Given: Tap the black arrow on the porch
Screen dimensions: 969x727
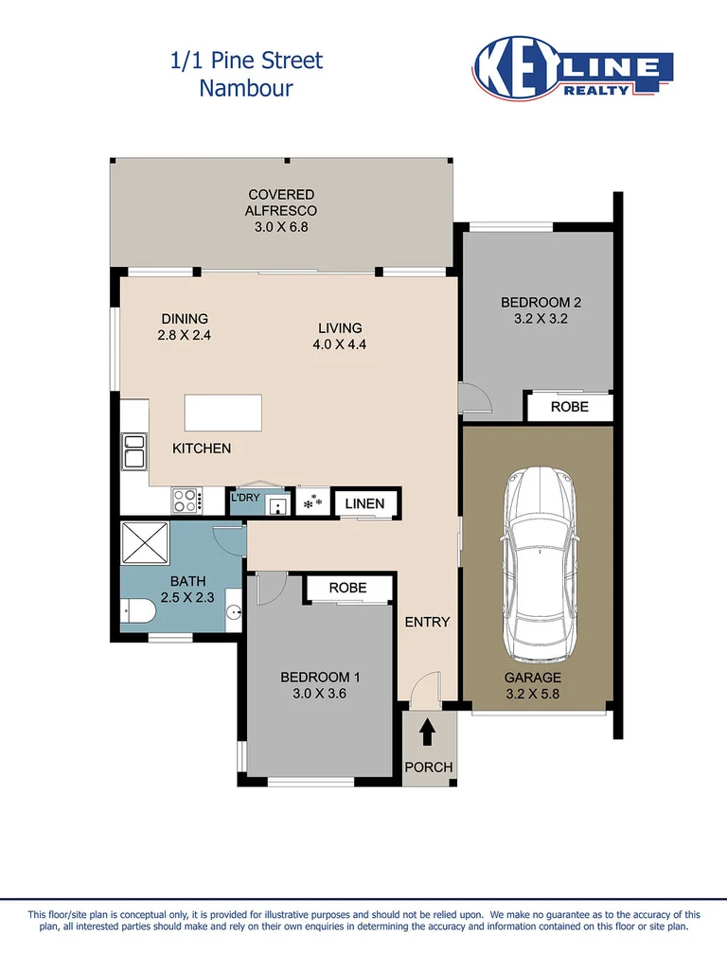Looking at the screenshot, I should coord(427,731).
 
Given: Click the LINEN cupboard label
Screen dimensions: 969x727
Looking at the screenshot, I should coord(364,503).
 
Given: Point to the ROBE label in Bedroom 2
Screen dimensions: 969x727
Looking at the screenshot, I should coord(570,407).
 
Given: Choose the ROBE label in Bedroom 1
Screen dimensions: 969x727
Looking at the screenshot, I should coord(347,588).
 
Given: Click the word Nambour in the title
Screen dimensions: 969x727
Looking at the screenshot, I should coord(246,89).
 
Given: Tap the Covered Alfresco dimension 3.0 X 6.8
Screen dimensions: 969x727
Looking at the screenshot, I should coord(281,227).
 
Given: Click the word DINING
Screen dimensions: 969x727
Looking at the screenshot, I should coord(185,319).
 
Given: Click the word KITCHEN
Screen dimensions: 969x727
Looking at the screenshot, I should coord(202,448).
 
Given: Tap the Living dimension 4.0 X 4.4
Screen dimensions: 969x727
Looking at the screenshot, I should coord(339,345).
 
